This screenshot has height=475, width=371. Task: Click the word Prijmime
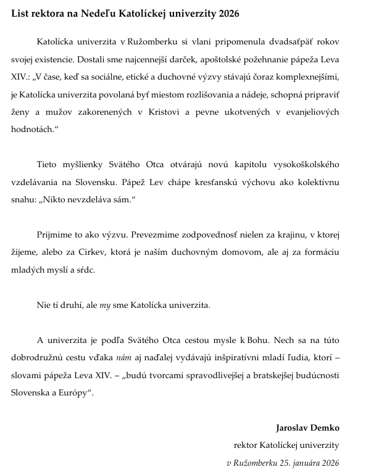[55, 235]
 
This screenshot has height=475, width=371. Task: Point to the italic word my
[106, 305]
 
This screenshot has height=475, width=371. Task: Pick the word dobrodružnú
[40, 358]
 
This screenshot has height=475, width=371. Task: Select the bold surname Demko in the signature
[327, 427]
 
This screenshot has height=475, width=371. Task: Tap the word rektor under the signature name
[246, 445]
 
